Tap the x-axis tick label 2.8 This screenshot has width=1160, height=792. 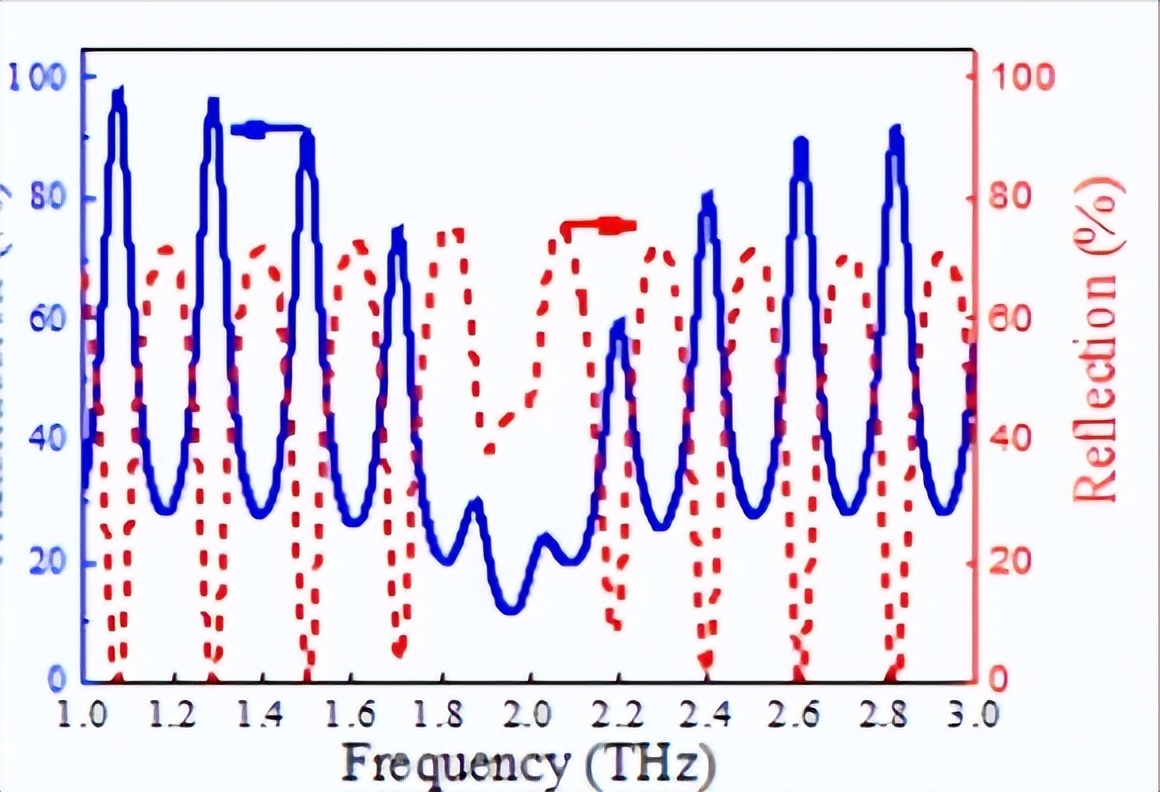coord(886,716)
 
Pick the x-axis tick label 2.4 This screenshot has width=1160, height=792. coord(708,716)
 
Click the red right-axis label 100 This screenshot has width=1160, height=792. coord(1021,76)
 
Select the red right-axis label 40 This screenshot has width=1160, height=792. coord(1013,440)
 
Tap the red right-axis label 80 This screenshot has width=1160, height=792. coord(1013,197)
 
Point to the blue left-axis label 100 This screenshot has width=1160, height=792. coord(37,76)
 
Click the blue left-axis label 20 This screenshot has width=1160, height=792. coord(46,561)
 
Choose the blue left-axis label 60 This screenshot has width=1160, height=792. coord(46,319)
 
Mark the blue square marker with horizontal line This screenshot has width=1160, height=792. coord(255,129)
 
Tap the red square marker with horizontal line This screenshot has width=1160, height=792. coord(609,226)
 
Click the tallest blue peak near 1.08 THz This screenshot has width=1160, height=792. coord(119,95)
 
